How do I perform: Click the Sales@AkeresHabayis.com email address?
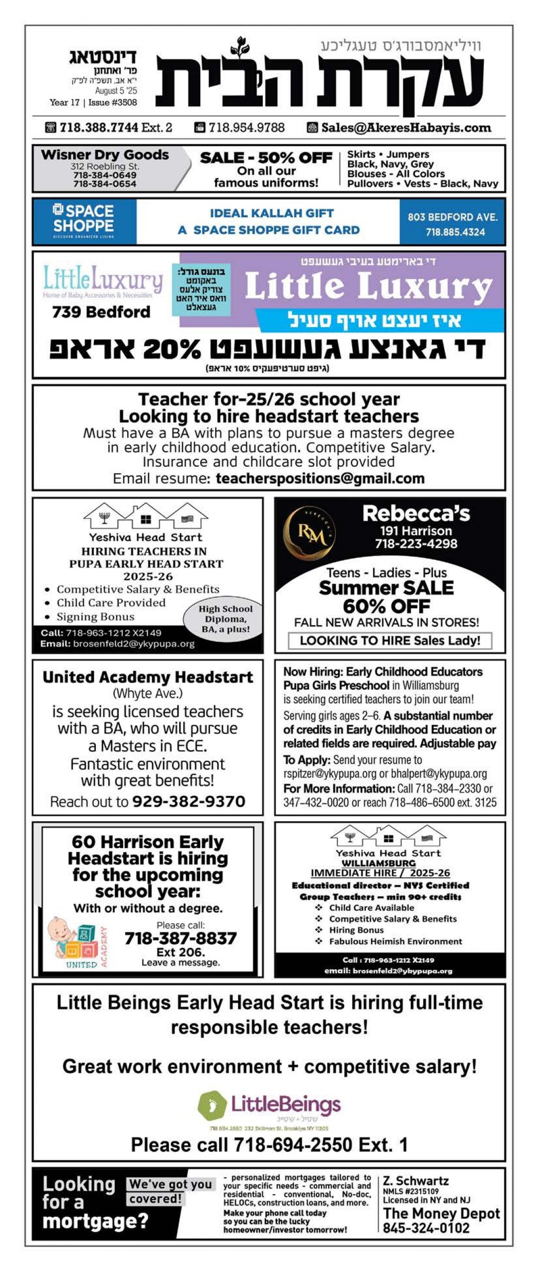click(406, 128)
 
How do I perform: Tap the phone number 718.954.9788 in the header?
click(246, 128)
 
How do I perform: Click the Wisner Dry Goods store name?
click(105, 155)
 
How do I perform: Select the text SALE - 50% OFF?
click(266, 158)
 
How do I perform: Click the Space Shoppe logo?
click(83, 221)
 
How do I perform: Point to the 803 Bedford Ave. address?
click(453, 217)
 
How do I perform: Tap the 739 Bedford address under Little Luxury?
click(101, 312)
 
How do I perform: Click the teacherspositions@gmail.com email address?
click(320, 478)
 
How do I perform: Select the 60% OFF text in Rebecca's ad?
click(386, 606)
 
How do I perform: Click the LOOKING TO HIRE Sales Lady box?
click(390, 640)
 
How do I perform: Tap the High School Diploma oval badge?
click(225, 619)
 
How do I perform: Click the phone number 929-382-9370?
click(189, 801)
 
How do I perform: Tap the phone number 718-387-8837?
click(180, 938)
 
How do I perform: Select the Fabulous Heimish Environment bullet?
click(395, 941)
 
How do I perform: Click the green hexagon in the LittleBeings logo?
click(212, 1105)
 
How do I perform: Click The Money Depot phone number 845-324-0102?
click(426, 1228)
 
